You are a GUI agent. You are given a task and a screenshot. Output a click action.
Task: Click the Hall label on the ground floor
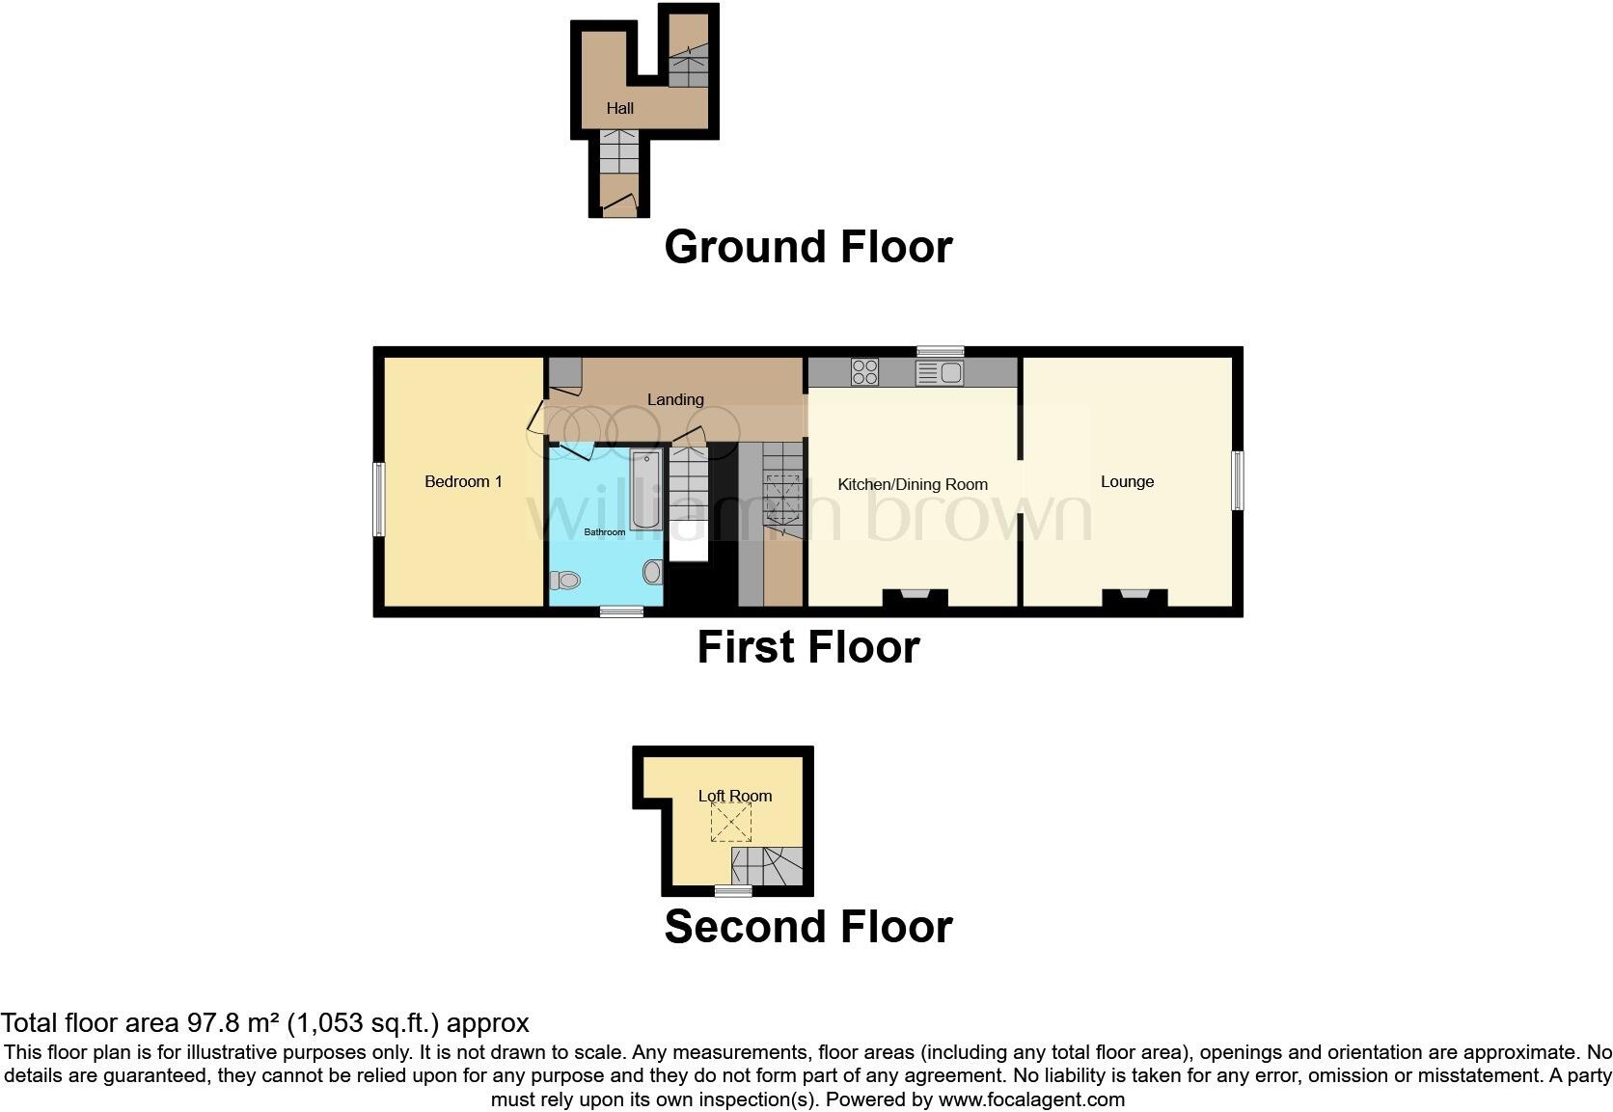point(619,108)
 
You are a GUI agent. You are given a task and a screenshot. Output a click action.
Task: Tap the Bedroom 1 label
point(463,481)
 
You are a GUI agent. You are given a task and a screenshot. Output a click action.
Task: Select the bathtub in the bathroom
point(645,489)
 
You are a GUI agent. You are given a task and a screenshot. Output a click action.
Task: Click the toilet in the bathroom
point(564,580)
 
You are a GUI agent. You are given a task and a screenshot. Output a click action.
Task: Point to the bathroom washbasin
point(653,572)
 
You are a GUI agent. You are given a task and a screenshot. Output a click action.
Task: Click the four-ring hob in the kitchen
point(864,371)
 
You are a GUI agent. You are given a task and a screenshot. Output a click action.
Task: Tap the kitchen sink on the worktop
point(940,372)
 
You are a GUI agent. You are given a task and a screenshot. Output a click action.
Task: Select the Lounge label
point(1127,481)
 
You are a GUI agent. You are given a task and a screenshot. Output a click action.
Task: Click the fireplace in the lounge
point(1135,598)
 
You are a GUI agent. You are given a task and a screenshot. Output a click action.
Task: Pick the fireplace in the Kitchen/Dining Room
point(915,598)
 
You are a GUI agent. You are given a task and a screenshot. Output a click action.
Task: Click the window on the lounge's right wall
point(1238,480)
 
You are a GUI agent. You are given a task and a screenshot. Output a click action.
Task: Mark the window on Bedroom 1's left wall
point(379,499)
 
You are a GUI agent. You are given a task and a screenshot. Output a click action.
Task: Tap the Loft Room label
point(735,796)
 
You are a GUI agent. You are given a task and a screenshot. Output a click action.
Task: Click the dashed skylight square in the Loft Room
point(730,823)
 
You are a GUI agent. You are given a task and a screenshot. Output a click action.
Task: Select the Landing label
point(675,399)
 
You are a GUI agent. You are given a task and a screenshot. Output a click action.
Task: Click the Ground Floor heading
point(807,247)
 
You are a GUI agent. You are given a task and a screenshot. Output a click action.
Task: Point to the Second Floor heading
point(807,926)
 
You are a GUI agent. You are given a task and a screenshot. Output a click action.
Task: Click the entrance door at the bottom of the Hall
point(618,204)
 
